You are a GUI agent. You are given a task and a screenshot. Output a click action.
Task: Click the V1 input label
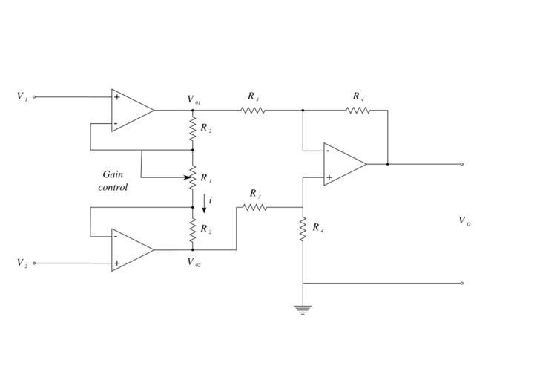(22, 96)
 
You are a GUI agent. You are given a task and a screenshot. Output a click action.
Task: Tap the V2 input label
(22, 263)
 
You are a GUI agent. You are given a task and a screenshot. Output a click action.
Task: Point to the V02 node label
(194, 262)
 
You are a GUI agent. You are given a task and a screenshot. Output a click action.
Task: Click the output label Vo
(464, 220)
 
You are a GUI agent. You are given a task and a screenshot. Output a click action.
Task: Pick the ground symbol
(303, 309)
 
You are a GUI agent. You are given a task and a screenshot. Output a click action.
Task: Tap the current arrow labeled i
(205, 201)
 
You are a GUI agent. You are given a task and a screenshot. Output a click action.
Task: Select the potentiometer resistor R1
(193, 178)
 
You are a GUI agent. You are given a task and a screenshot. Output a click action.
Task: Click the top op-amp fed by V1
(131, 110)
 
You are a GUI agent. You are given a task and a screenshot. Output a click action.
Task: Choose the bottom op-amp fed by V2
(131, 249)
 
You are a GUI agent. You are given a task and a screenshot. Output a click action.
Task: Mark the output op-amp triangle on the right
(343, 164)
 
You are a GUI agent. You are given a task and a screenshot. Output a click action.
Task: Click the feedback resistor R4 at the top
(358, 110)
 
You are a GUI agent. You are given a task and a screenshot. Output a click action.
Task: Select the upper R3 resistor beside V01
(253, 110)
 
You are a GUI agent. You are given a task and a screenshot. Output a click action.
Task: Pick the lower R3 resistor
(254, 207)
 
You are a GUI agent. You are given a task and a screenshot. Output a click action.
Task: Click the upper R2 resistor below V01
(193, 130)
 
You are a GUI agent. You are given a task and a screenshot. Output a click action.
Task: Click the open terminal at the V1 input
(34, 96)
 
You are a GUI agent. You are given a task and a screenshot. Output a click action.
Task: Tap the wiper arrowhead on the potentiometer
(186, 178)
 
